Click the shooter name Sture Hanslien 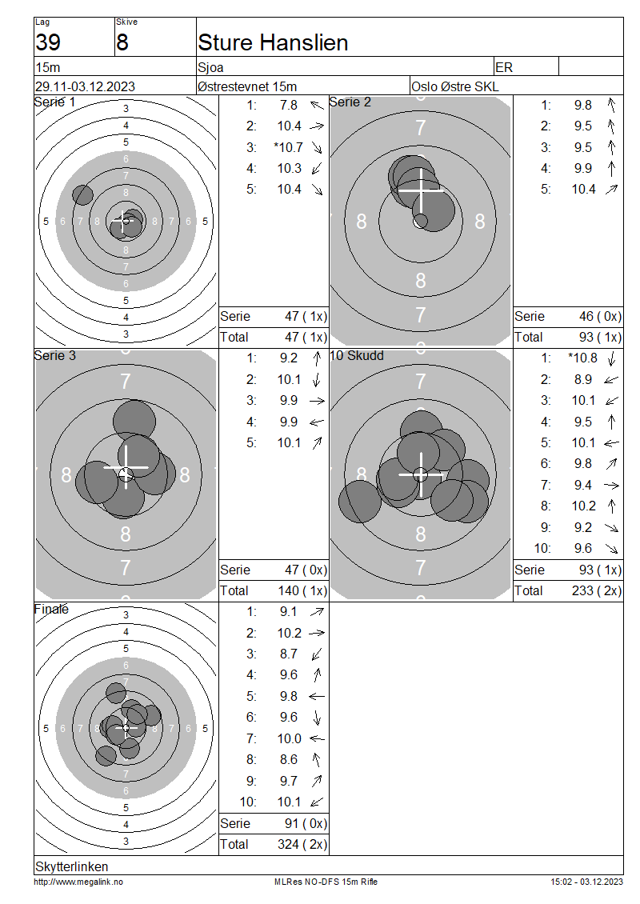click(x=273, y=42)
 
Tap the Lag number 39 click(x=48, y=42)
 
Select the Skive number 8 click(x=122, y=42)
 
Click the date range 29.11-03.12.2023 click(x=85, y=86)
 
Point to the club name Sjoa click(x=210, y=67)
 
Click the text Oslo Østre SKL click(x=455, y=86)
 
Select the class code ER click(x=504, y=67)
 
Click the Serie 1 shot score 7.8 click(x=289, y=105)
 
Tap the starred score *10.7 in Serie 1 click(x=288, y=147)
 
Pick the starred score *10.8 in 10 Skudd click(x=582, y=358)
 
